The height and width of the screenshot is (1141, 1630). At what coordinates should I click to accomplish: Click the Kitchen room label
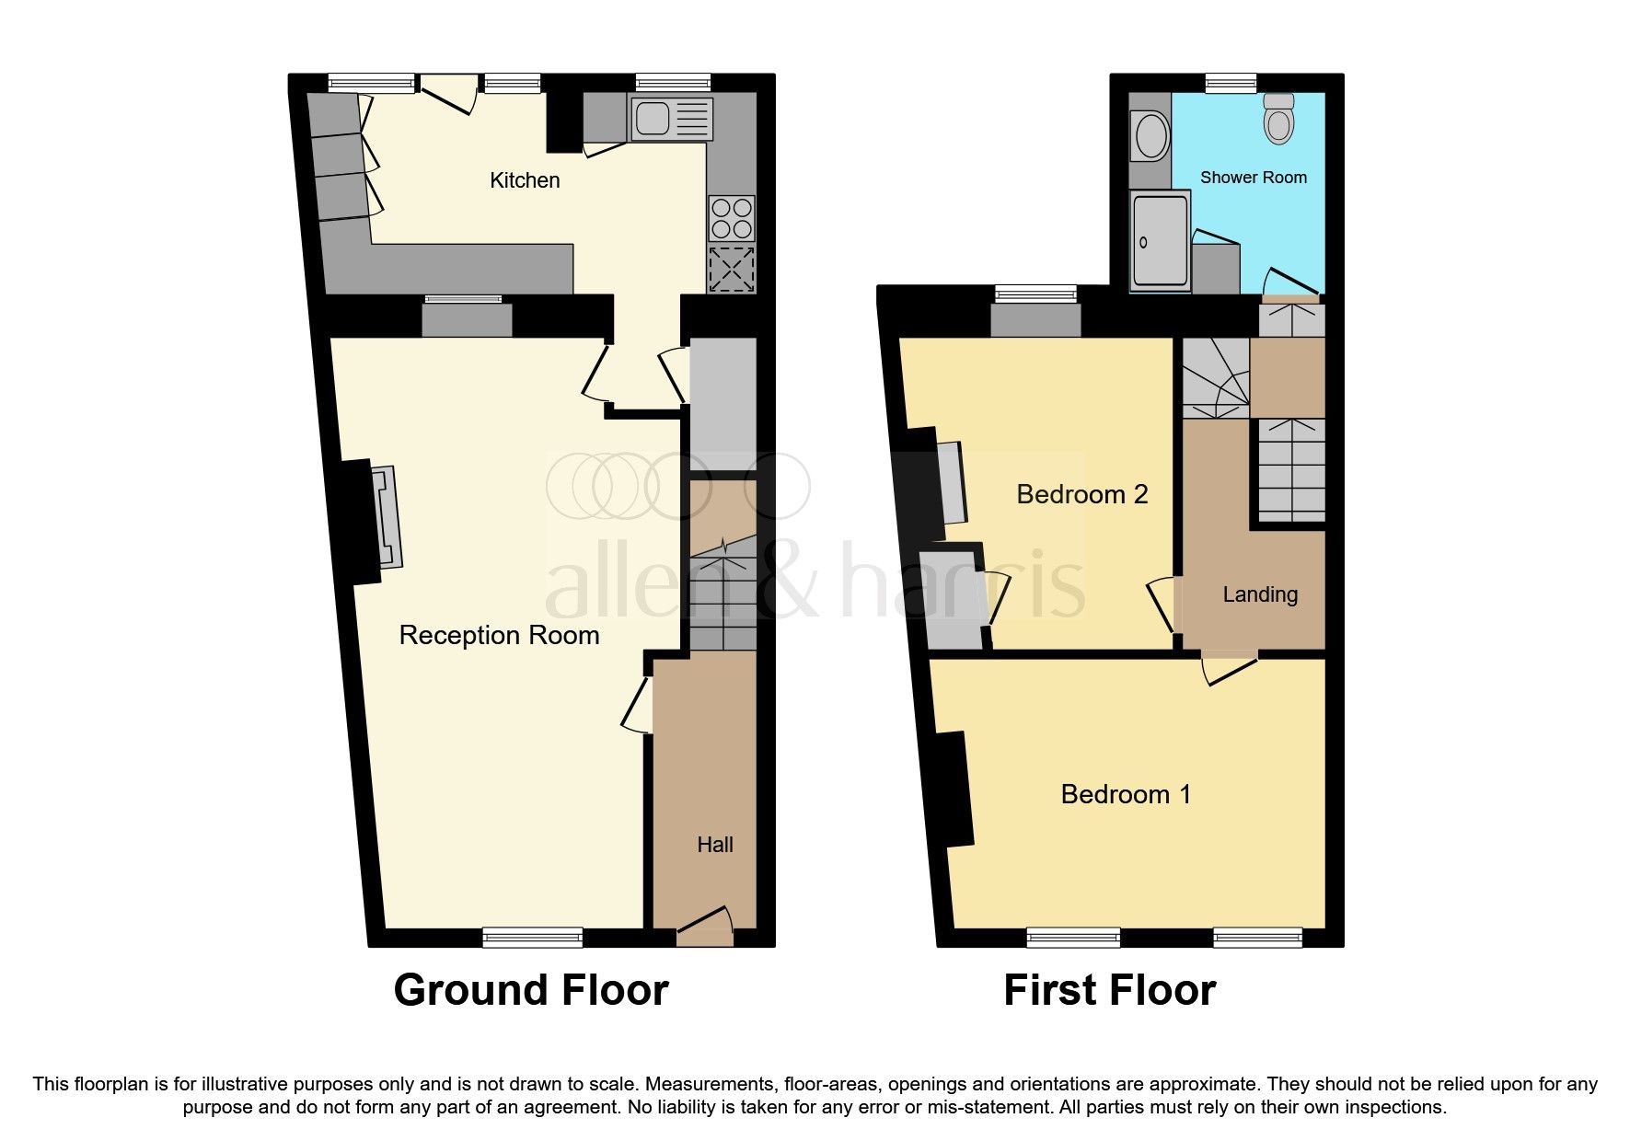[525, 180]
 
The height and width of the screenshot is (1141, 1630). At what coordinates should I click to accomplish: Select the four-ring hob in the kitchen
[732, 219]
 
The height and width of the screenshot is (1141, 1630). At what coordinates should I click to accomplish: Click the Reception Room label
[499, 635]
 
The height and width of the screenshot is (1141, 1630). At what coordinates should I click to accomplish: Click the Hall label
[715, 845]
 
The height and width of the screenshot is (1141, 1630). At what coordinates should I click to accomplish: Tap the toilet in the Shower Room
[1279, 119]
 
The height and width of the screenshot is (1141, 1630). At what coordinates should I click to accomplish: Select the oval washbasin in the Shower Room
[1151, 136]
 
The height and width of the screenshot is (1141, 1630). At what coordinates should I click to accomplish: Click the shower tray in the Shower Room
[1160, 241]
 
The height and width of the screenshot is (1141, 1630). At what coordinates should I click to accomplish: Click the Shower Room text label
[1253, 178]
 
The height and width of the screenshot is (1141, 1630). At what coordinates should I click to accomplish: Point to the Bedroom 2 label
[1081, 495]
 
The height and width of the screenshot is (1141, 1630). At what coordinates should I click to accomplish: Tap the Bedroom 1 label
[1125, 794]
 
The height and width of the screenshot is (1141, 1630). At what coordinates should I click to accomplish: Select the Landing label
[1260, 594]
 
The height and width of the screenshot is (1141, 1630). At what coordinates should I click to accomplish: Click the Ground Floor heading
[531, 990]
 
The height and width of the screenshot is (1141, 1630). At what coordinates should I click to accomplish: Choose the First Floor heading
[1109, 990]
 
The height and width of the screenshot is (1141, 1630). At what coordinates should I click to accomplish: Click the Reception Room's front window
[533, 938]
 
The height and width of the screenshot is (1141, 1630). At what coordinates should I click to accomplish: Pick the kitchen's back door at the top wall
[449, 92]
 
